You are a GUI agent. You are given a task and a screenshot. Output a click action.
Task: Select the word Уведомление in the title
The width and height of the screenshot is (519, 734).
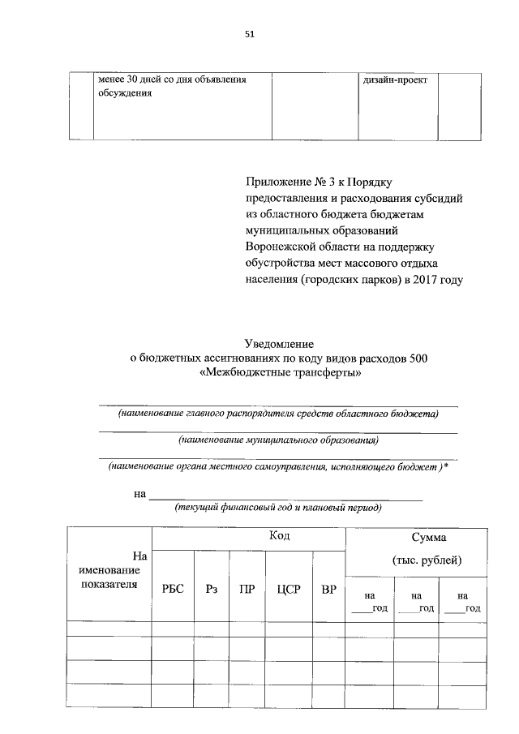[279, 343]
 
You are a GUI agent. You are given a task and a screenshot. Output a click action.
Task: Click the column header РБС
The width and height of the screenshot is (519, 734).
[174, 590]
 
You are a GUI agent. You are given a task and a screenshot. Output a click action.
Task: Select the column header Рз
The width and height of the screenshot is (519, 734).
[211, 590]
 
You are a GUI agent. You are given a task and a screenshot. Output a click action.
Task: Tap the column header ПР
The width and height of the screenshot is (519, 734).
[247, 590]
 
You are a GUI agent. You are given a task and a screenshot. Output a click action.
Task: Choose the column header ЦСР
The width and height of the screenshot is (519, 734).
[289, 590]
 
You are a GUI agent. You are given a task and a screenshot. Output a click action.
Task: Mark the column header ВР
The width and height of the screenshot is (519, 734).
[328, 590]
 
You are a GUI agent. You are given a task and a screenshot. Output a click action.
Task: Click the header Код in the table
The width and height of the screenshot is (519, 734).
[280, 537]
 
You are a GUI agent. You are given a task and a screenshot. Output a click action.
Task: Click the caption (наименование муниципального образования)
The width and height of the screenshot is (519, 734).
[278, 440]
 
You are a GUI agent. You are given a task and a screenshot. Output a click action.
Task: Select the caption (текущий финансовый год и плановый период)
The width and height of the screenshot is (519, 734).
[278, 508]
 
